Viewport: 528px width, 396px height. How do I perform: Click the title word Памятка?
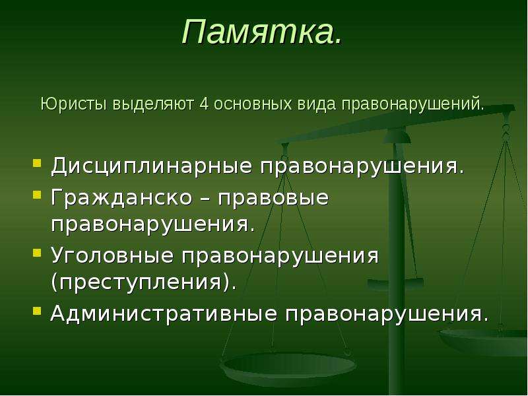(262, 32)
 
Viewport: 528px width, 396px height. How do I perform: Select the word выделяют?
(153, 104)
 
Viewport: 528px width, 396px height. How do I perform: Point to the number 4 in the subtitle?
(204, 104)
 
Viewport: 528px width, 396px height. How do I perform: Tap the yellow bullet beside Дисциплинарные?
(37, 164)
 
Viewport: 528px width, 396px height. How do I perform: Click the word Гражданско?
(121, 197)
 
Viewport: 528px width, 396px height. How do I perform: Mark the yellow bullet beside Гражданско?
(37, 195)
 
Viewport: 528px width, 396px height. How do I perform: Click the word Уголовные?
(112, 255)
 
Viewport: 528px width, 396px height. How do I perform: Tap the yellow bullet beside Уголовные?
(37, 253)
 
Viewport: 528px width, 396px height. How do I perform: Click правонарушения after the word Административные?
(387, 315)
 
